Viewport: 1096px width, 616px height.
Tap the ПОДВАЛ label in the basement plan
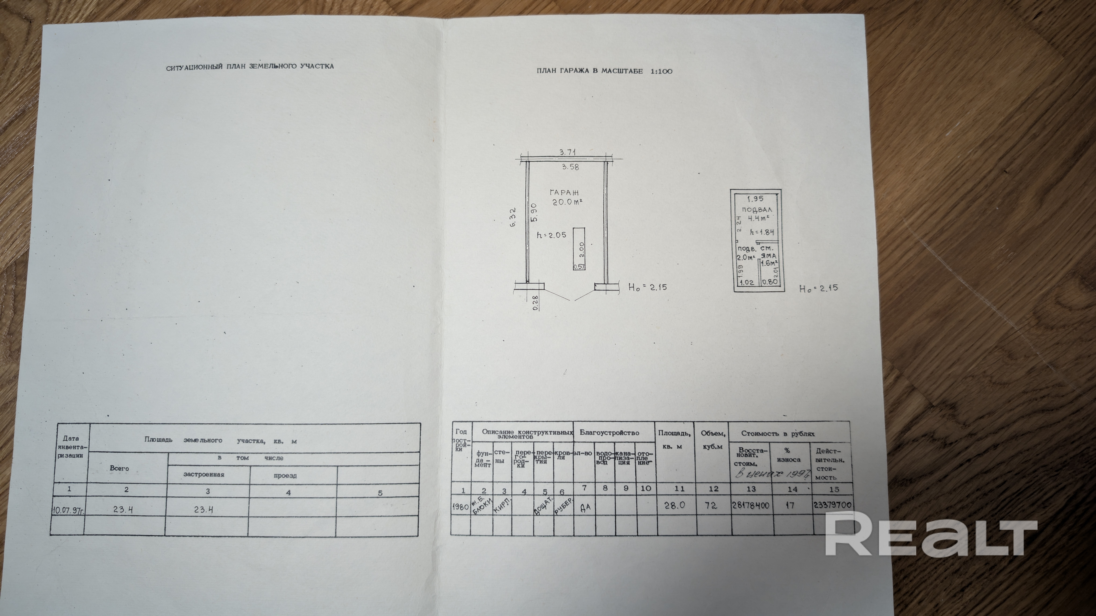pyautogui.click(x=756, y=210)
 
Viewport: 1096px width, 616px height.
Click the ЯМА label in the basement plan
pyautogui.click(x=769, y=256)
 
